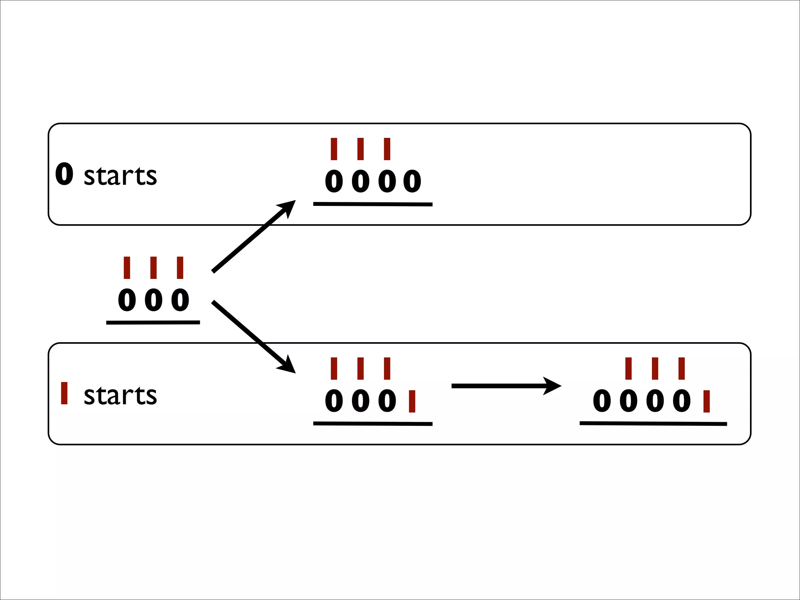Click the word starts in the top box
120,176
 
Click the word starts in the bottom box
120,395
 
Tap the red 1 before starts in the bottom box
64,393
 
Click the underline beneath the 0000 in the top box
373,204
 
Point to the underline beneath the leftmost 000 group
153,323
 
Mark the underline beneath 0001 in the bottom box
373,423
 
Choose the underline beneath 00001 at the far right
653,423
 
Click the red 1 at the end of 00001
706,401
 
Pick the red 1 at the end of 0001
412,401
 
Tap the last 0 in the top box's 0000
412,182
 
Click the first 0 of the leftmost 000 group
127,300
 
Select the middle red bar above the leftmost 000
154,268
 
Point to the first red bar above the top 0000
334,149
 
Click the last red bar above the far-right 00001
682,368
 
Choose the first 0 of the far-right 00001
602,401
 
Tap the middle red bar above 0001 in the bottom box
361,368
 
